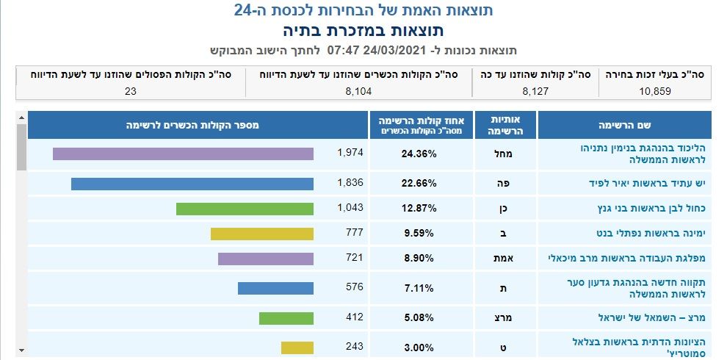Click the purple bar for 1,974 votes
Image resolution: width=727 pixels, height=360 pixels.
tap(183, 154)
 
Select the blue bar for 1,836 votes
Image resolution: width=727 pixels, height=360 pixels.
tap(192, 183)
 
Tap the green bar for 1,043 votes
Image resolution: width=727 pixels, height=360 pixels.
tap(245, 209)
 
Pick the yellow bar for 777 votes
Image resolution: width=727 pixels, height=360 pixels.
tap(262, 234)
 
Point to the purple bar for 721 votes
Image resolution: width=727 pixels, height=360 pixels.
tap(266, 259)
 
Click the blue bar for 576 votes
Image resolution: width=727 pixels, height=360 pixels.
tap(275, 288)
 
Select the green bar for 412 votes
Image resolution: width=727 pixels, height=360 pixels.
tap(286, 318)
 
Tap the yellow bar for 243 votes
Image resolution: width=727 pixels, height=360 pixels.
tap(297, 347)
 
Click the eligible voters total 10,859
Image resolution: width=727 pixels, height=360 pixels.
tap(654, 91)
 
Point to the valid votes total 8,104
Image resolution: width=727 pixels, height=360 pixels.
tap(359, 91)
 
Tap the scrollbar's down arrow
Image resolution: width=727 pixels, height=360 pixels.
tap(21, 349)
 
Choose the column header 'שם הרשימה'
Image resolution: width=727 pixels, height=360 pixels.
tap(625, 125)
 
